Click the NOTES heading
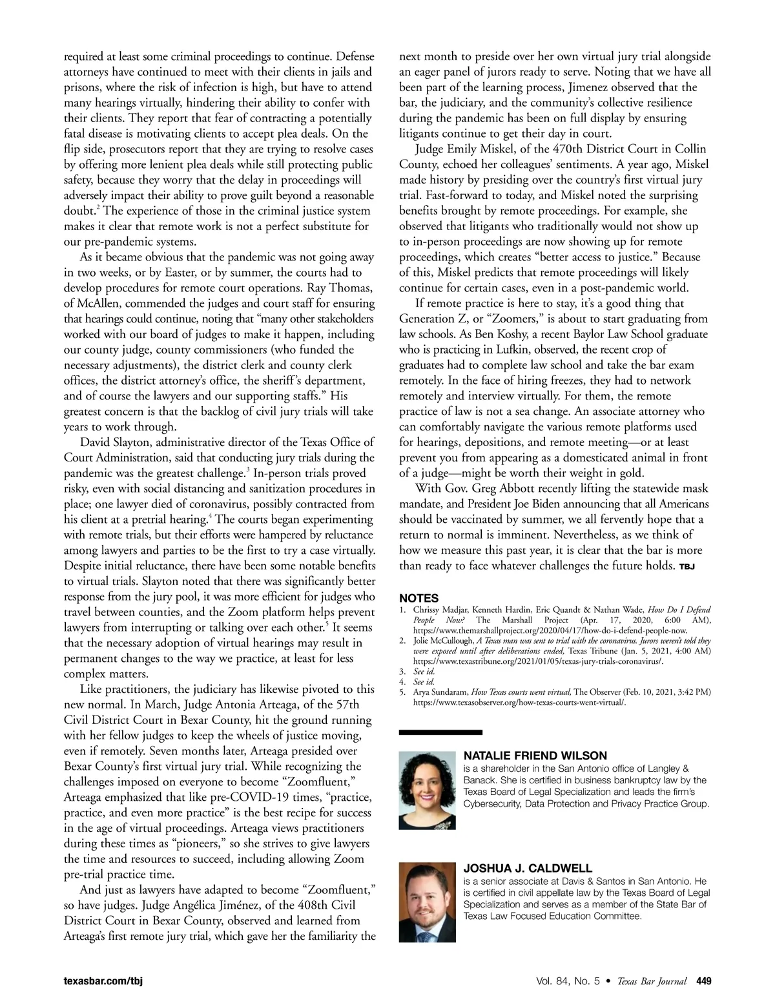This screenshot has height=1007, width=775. click(418, 599)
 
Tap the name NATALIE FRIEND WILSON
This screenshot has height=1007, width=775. click(535, 756)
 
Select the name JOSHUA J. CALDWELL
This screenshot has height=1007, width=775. click(528, 868)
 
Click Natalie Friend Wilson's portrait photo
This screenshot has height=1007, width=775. click(427, 790)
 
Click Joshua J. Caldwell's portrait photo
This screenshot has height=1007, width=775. click(427, 903)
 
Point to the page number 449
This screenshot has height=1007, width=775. click(703, 982)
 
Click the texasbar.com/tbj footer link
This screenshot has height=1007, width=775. click(103, 982)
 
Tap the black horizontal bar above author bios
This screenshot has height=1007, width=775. click(440, 732)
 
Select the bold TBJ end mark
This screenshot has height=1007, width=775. click(686, 567)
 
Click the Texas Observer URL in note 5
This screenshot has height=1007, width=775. click(519, 702)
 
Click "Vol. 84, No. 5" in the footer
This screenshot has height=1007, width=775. click(567, 982)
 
